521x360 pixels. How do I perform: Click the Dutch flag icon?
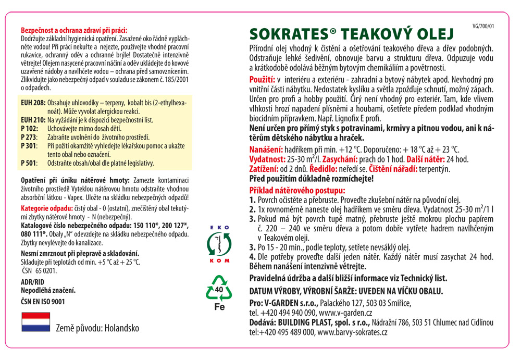[35, 322]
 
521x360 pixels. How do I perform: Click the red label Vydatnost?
[267, 159]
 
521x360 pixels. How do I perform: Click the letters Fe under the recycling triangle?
[219, 307]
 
